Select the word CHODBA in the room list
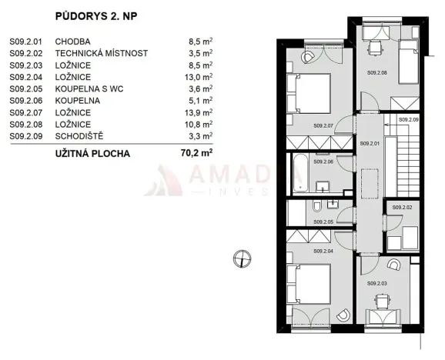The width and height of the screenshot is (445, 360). tap(73, 41)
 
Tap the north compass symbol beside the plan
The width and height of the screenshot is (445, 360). tap(242, 257)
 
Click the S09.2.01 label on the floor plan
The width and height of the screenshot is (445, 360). tap(372, 144)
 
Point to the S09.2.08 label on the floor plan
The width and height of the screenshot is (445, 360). tap(376, 72)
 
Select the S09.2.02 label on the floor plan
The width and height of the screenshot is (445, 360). tap(402, 208)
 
